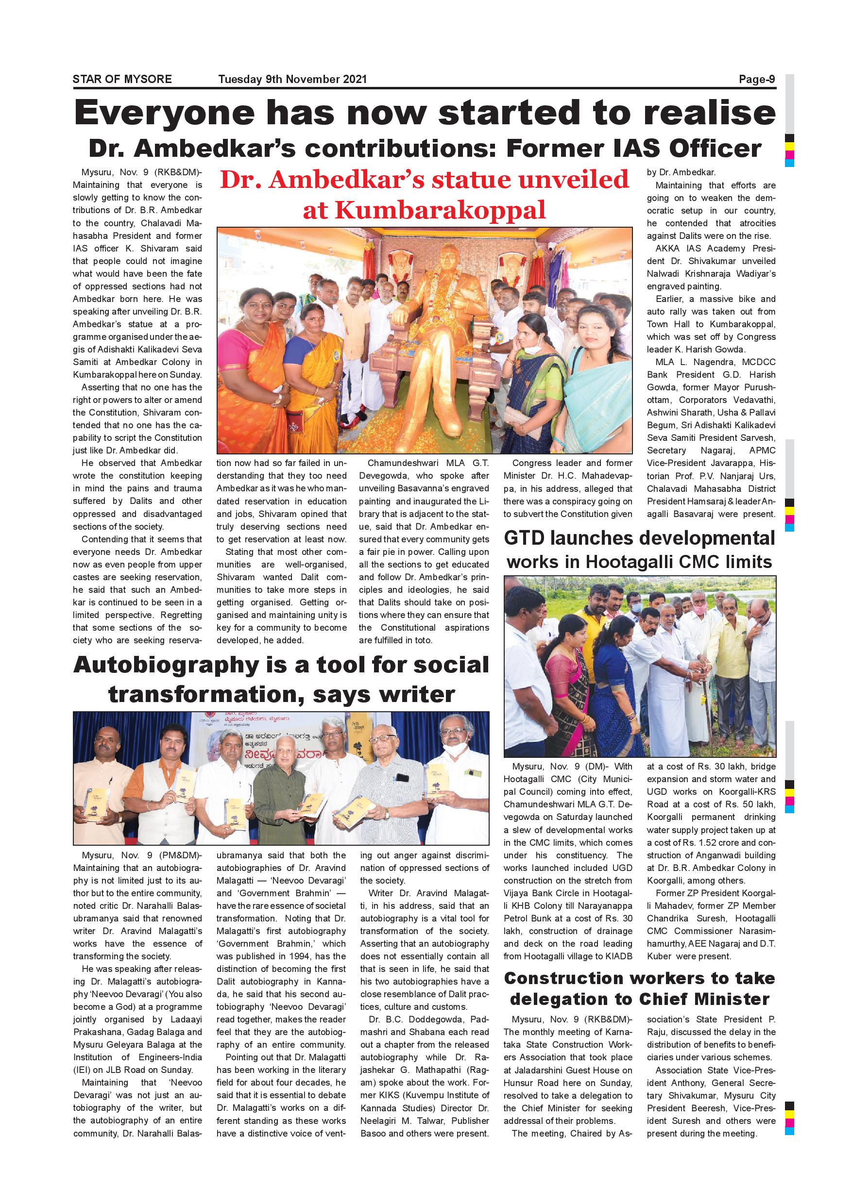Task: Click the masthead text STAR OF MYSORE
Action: click(x=122, y=79)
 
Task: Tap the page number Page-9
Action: click(x=756, y=79)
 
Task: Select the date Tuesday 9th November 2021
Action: click(x=292, y=79)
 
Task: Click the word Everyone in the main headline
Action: click(x=164, y=113)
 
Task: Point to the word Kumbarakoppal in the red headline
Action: click(x=424, y=211)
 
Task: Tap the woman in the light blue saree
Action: click(x=598, y=367)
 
